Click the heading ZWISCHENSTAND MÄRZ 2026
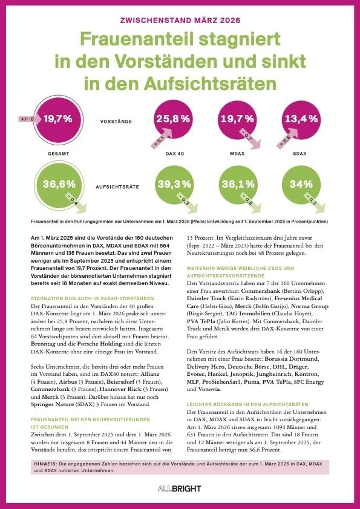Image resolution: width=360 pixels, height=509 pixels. [x=180, y=20]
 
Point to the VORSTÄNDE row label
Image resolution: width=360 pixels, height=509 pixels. [x=115, y=121]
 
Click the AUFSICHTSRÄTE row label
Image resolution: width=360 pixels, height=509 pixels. [x=115, y=188]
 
